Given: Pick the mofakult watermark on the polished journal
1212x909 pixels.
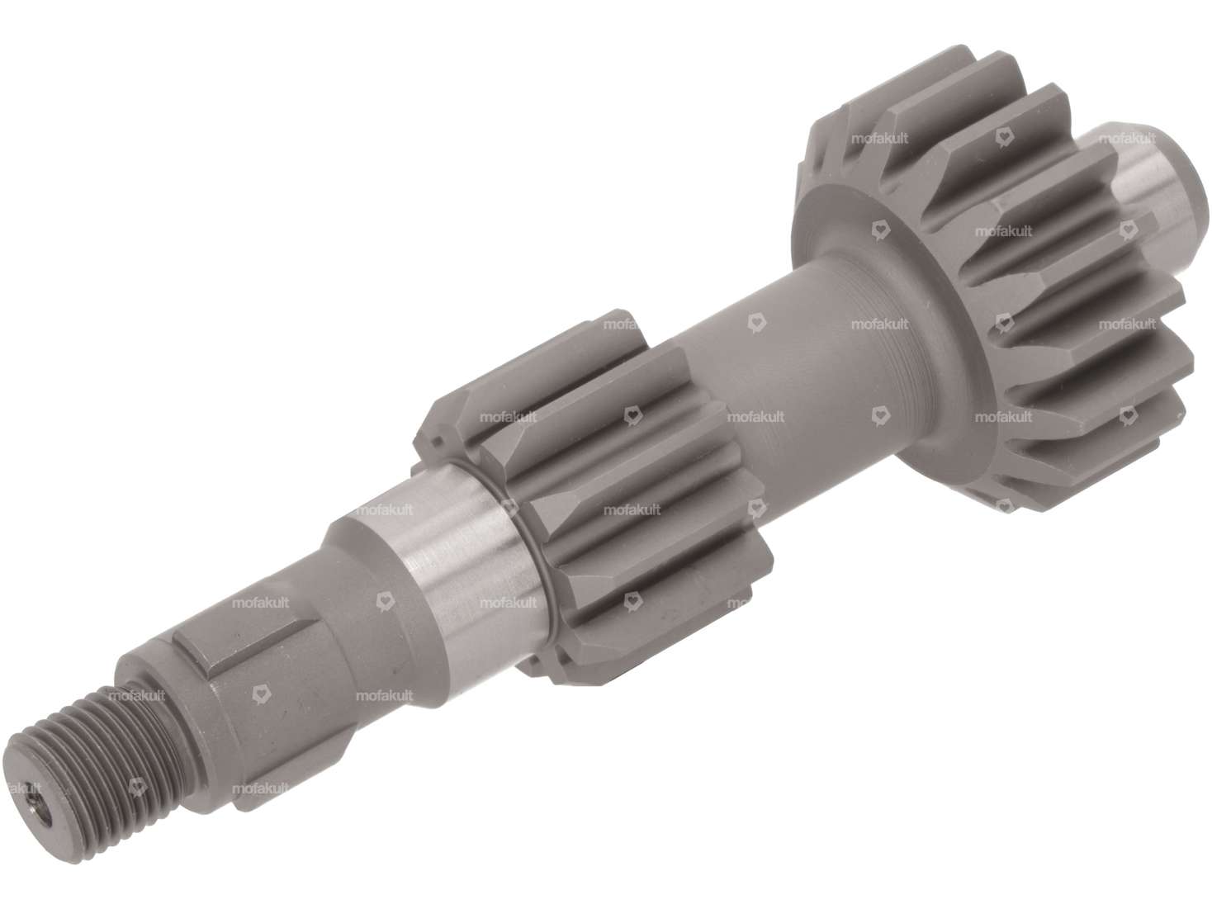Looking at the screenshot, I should coord(384,510).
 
